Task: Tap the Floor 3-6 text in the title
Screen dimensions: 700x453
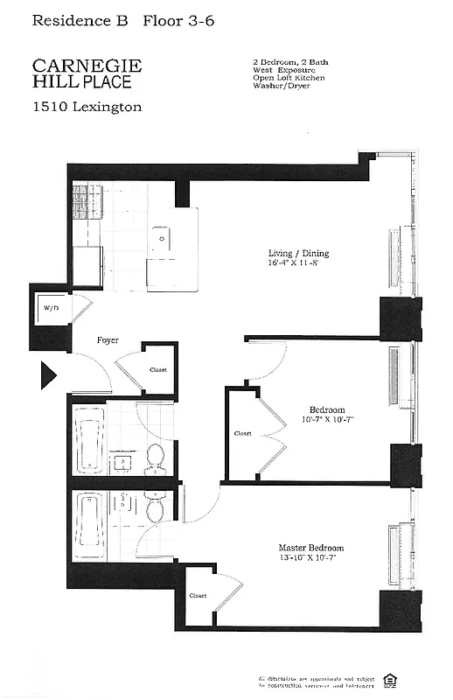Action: tap(174, 24)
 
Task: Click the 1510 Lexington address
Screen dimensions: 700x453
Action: tap(87, 108)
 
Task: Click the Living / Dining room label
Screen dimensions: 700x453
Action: tap(298, 255)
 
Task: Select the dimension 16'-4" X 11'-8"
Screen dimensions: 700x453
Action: tap(298, 264)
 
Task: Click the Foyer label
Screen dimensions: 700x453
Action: tap(108, 340)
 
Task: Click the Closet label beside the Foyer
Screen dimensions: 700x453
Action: tap(157, 369)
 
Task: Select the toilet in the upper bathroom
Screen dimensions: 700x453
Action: tap(155, 458)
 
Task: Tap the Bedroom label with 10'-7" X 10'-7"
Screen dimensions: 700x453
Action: tap(326, 409)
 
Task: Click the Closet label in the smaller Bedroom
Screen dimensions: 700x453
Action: tap(242, 433)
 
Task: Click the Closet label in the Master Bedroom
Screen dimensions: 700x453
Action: tap(198, 596)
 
